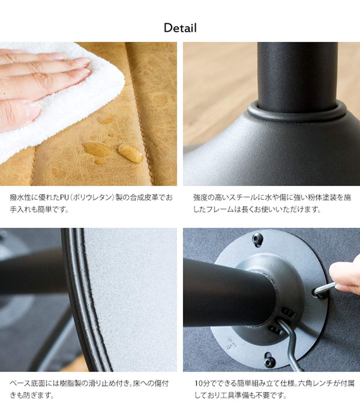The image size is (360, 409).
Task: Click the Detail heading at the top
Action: coord(180,28)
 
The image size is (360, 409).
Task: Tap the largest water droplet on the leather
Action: coord(131,153)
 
